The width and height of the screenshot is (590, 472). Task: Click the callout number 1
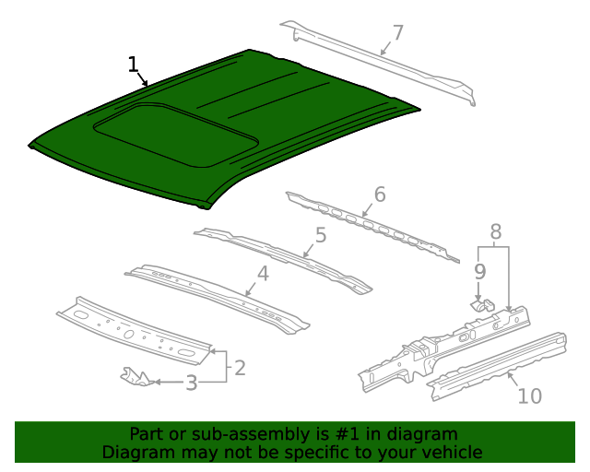click(134, 65)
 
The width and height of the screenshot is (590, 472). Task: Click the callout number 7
click(397, 33)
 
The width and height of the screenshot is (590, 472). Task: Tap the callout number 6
click(379, 195)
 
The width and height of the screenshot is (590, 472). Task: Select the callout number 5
click(320, 235)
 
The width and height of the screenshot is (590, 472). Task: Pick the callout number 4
click(263, 273)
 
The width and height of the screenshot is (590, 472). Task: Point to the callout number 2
click(240, 368)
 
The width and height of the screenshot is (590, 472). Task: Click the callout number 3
click(191, 383)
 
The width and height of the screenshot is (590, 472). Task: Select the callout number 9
click(479, 271)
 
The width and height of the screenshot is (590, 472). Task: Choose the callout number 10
click(529, 396)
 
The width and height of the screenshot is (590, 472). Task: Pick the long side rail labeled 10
click(498, 364)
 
